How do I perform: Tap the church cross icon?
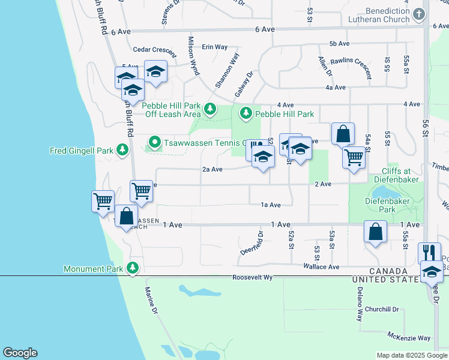(x=419, y=13)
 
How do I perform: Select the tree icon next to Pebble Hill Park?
(x=246, y=113)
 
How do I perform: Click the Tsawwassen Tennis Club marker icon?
(x=154, y=143)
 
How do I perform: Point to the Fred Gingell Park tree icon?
(x=122, y=149)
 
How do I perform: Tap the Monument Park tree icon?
(x=133, y=268)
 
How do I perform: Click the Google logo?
(x=20, y=353)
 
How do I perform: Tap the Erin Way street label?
(x=215, y=46)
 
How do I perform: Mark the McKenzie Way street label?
(x=409, y=338)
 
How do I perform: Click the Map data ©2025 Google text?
(x=411, y=355)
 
